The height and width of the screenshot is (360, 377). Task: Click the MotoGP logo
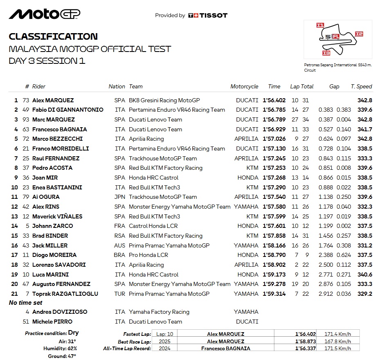click(45, 14)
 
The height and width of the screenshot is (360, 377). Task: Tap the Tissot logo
click(208, 16)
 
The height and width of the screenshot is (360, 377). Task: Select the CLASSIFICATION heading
click(53, 36)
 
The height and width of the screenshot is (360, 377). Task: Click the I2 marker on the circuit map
click(359, 34)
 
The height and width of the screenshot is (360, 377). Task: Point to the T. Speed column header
click(361, 86)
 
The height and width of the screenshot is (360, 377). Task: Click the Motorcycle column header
click(244, 86)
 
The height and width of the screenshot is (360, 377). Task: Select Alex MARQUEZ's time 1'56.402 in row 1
click(274, 100)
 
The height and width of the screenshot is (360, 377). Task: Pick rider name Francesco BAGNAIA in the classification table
click(59, 129)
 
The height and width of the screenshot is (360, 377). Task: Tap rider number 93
click(26, 119)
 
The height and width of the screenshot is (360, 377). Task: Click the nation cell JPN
click(119, 197)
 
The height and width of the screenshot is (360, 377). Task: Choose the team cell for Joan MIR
click(153, 178)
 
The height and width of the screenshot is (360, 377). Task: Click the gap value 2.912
click(325, 294)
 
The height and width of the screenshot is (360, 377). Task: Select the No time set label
click(25, 303)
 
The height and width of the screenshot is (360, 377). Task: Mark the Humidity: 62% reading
click(60, 349)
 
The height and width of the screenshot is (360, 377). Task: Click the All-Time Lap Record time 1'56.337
click(306, 349)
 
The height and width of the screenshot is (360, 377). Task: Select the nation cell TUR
click(120, 294)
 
